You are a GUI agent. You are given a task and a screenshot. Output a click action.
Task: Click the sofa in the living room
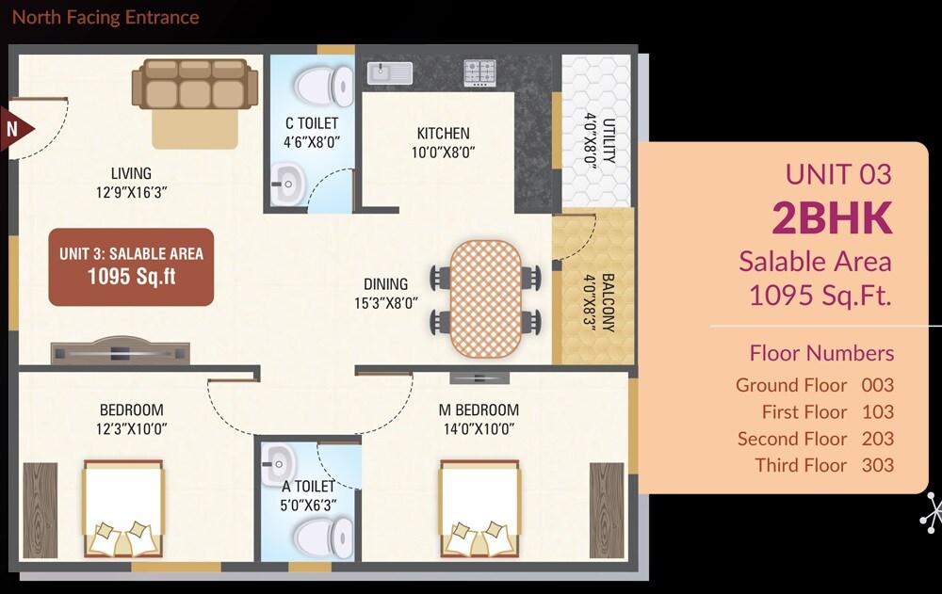coord(195,84)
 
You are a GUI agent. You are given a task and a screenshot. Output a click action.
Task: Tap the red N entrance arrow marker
coord(16,128)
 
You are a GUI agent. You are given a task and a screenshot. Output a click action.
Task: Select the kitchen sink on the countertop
coord(388,72)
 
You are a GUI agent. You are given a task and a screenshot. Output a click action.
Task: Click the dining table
coord(485,298)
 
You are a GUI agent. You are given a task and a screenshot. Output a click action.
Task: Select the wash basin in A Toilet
coord(279,461)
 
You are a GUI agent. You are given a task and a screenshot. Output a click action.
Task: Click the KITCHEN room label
coord(443,134)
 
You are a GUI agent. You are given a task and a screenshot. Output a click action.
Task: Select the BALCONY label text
coord(608,303)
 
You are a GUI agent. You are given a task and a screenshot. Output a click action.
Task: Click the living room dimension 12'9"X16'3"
coord(131,192)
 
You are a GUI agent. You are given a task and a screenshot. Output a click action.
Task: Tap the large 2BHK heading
coord(832,217)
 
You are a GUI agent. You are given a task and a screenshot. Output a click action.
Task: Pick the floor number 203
coord(877,439)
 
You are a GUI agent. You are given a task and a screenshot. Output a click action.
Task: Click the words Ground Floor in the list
coord(791,385)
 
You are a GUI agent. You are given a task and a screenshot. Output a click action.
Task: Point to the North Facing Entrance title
coord(106,17)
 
